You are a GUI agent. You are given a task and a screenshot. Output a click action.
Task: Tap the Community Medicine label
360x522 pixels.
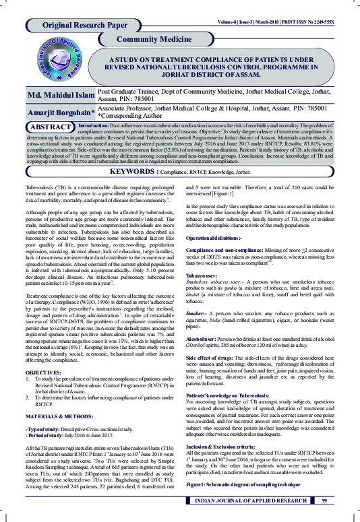click(154, 40)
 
